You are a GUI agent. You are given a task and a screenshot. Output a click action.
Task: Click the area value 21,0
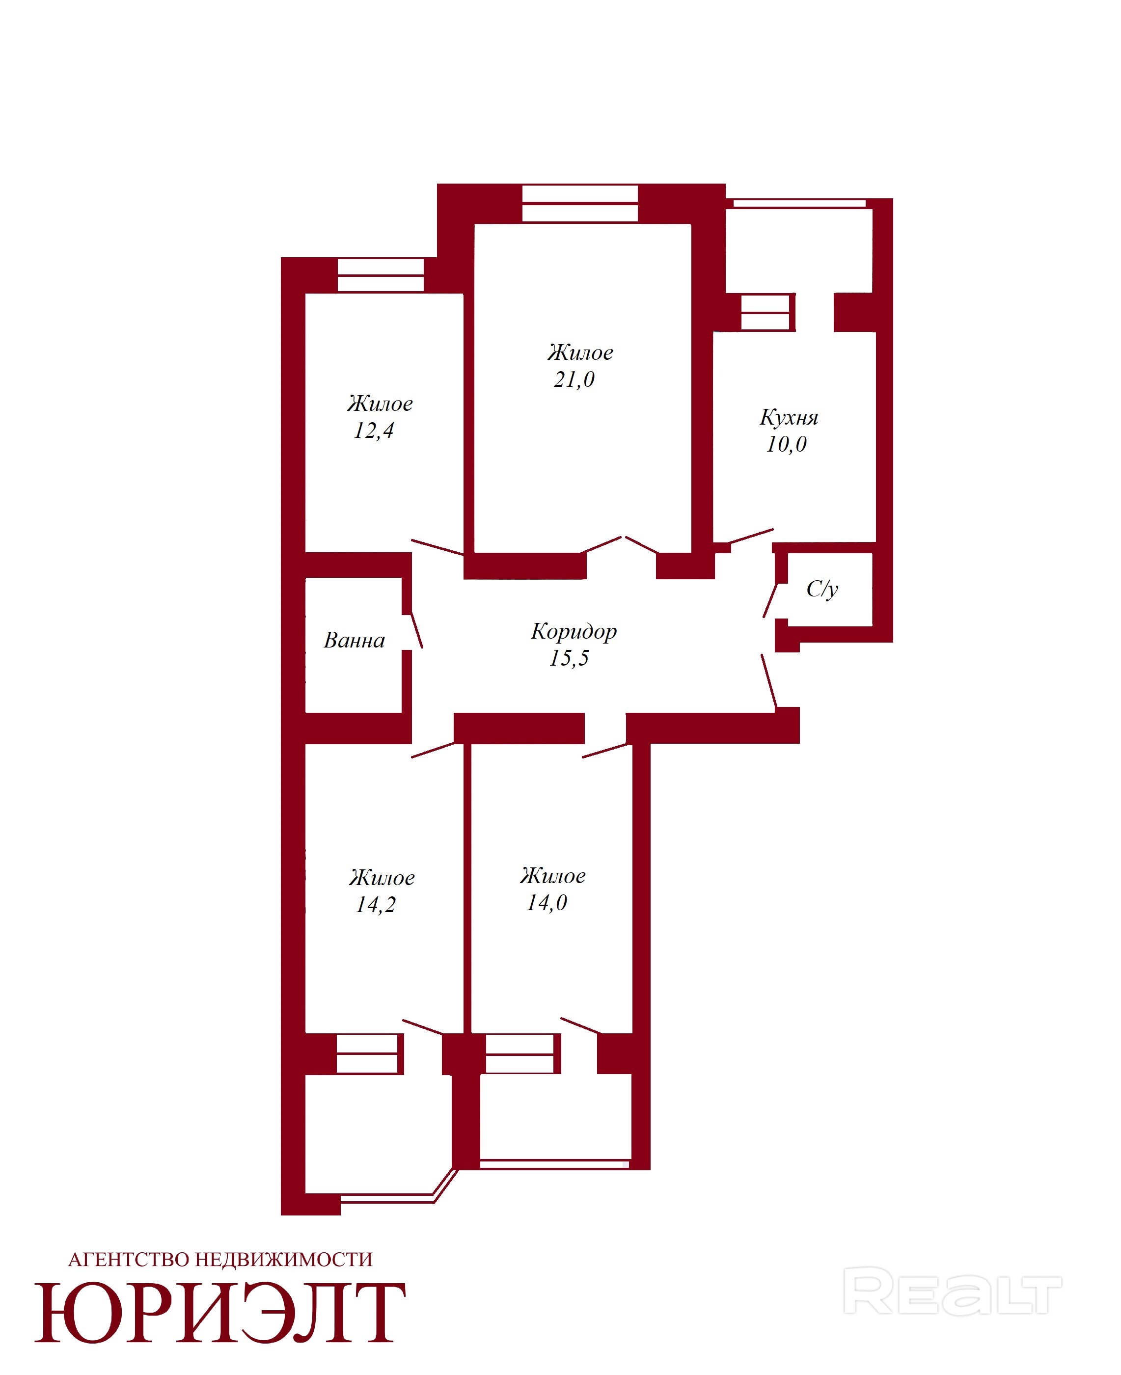[574, 379]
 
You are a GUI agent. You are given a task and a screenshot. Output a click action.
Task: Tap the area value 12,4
[373, 431]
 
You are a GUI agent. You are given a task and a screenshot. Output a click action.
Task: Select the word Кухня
[789, 418]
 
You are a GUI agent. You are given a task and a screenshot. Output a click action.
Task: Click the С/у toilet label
[822, 589]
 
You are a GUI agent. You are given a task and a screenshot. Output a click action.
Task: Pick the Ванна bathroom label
[354, 641]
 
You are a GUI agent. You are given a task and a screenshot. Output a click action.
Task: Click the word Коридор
[574, 631]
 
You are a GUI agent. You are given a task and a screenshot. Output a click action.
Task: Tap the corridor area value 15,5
[569, 658]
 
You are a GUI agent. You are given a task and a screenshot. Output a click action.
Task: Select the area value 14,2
[375, 905]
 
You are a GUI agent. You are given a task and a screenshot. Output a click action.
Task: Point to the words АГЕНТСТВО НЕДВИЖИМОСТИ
[220, 1260]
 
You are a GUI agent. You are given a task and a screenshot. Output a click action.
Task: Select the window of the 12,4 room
[381, 276]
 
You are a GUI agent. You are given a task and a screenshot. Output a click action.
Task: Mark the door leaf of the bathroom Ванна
[416, 629]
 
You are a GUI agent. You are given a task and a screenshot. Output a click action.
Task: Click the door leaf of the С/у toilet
[770, 600]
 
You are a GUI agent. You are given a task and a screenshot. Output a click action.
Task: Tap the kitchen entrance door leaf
[750, 536]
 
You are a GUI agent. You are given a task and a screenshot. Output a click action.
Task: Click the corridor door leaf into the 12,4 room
[438, 547]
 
